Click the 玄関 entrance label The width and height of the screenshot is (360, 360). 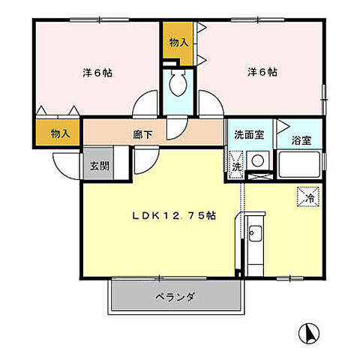99,166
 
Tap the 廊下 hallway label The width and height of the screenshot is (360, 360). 142,135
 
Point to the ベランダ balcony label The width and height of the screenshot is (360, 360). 176,297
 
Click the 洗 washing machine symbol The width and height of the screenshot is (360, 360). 235,166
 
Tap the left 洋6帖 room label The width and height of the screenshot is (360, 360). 97,73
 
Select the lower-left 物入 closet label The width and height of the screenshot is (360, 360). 60,133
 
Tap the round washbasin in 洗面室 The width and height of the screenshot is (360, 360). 258,160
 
